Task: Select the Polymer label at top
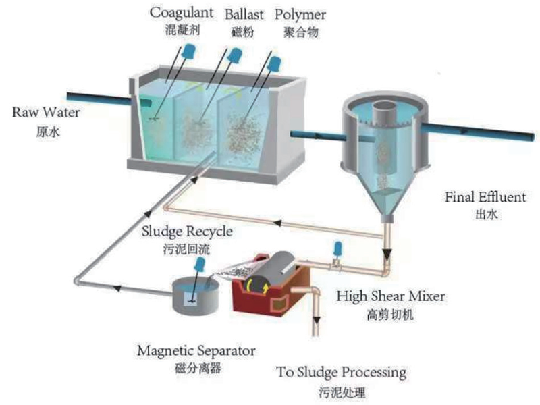[x=299, y=13]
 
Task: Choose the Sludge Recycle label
[x=187, y=232]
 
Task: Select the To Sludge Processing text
[x=342, y=372]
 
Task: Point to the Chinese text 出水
[x=477, y=215]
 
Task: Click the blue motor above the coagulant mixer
[x=192, y=50]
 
